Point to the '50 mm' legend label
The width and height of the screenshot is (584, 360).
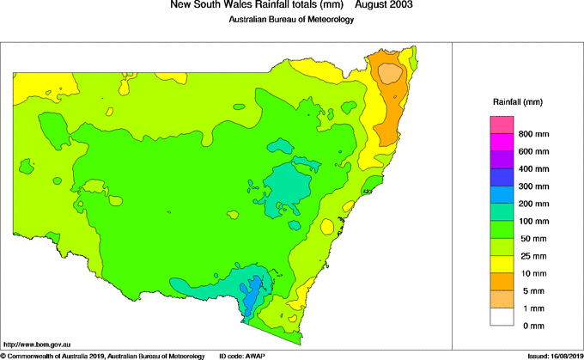click(x=532, y=239)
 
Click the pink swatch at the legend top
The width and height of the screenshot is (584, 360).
click(x=502, y=125)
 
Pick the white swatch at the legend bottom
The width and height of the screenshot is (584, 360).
click(x=502, y=317)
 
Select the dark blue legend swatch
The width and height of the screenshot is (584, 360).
click(x=502, y=178)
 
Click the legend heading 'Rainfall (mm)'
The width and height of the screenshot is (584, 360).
click(x=517, y=102)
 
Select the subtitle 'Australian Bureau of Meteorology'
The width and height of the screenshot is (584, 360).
click(x=291, y=20)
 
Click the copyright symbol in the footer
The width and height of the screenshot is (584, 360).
click(x=3, y=356)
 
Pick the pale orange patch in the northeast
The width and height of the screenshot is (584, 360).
click(x=391, y=72)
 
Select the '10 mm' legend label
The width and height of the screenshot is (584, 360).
click(x=532, y=274)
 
